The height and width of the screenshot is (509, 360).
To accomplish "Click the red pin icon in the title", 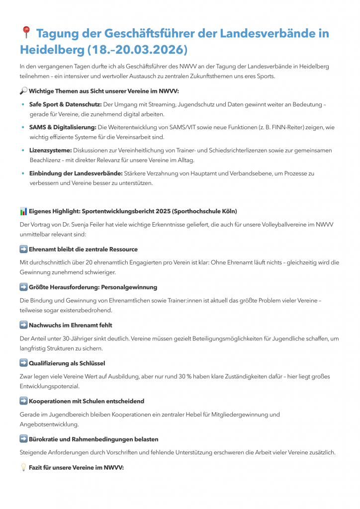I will pyautogui.click(x=26, y=33).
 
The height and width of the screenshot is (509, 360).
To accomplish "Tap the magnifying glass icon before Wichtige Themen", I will pyautogui.click(x=23, y=91).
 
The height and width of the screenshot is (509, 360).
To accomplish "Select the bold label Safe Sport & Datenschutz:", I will pyautogui.click(x=66, y=104).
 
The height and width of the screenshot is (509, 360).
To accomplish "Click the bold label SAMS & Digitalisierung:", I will pyautogui.click(x=63, y=127).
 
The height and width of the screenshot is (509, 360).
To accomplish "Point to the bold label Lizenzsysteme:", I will pyautogui.click(x=50, y=150).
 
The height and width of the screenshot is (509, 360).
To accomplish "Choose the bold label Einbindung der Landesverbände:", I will pyautogui.click(x=76, y=173).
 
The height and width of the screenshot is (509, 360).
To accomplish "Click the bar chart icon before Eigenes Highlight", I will pyautogui.click(x=23, y=211).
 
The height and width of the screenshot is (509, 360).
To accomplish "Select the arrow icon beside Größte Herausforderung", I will pyautogui.click(x=23, y=287).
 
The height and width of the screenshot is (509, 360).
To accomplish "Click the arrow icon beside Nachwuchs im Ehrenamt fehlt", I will pyautogui.click(x=23, y=325).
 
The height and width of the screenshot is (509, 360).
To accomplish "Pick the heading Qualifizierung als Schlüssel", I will pyautogui.click(x=67, y=363).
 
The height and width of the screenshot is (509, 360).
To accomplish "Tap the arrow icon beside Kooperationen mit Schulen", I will pyautogui.click(x=23, y=401).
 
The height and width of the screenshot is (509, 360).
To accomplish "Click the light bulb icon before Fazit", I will pyautogui.click(x=23, y=468).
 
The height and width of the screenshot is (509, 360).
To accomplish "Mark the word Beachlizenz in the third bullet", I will pyautogui.click(x=46, y=160).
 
